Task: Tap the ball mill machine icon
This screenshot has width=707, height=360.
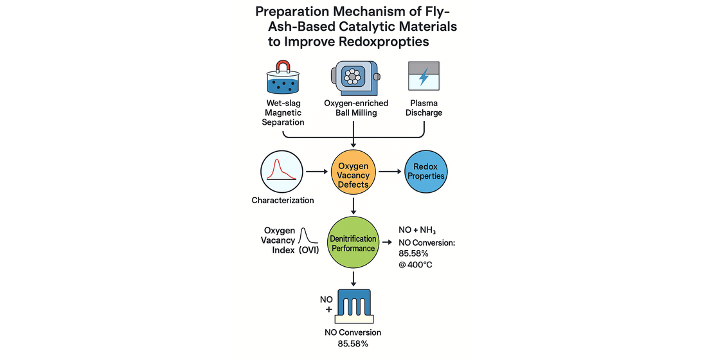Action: [353, 79]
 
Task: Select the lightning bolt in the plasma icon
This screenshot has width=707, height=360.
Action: [424, 78]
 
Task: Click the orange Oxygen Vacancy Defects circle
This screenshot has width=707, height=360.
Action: [353, 175]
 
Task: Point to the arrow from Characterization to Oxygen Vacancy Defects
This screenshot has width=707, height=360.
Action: [316, 172]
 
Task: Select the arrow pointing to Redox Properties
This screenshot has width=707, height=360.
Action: [390, 172]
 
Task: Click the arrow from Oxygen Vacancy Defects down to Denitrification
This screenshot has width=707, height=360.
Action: [353, 206]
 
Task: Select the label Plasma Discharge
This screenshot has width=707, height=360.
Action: [424, 108]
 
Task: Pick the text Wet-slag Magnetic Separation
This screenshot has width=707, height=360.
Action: [284, 113]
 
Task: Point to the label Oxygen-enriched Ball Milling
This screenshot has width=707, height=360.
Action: [353, 108]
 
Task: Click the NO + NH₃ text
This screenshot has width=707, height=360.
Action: [423, 230]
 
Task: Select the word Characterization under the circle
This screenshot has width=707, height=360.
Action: [283, 200]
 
